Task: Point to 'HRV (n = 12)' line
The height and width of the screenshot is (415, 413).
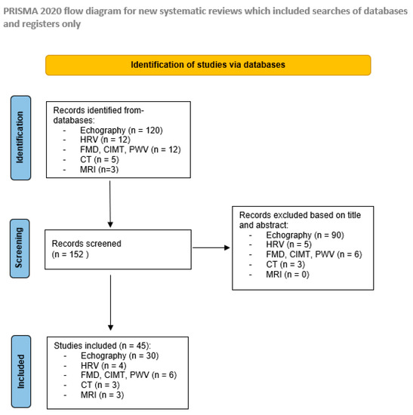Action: point(97,140)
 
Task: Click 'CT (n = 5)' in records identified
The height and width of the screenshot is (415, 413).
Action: point(94,160)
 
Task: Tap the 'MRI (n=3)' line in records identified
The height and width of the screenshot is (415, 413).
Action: point(94,170)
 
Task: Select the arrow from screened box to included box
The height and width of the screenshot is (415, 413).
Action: point(111,302)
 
